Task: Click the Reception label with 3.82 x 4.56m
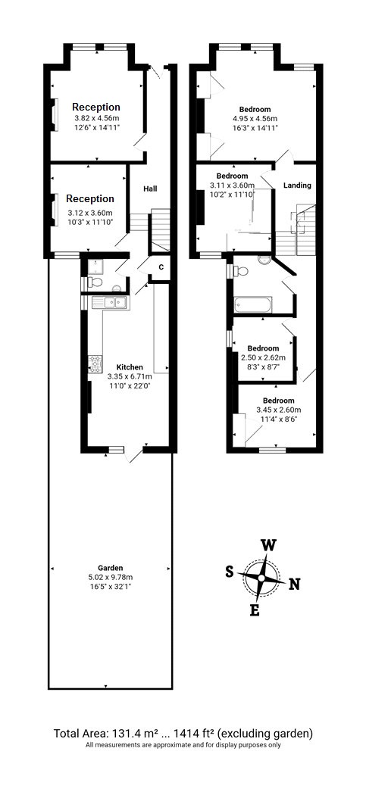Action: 96,107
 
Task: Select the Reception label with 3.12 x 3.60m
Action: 90,198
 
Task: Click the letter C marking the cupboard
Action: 161,267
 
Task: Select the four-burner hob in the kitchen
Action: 96,363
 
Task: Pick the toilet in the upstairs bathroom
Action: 263,259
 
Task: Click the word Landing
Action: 296,185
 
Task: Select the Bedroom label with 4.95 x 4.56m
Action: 255,109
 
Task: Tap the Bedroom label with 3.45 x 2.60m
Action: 279,400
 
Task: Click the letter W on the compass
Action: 267,545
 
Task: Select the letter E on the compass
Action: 255,610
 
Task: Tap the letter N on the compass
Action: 294,584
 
